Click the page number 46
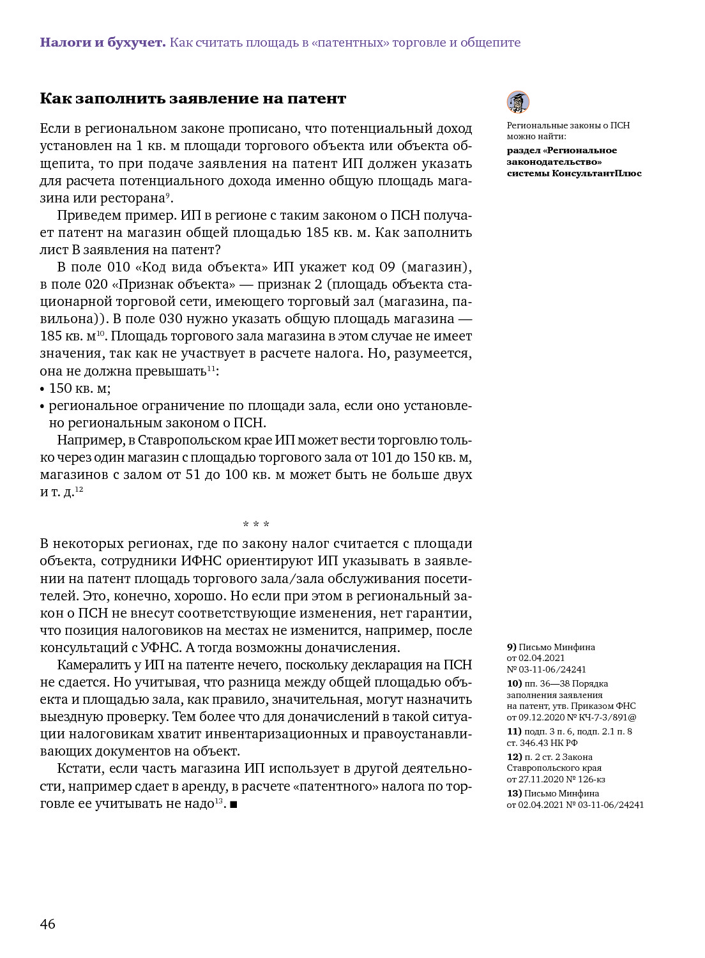click(x=48, y=924)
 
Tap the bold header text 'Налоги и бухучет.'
click(x=102, y=43)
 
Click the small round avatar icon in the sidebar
click(x=518, y=102)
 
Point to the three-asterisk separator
click(x=256, y=525)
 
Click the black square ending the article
click(x=234, y=805)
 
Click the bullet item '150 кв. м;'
click(x=79, y=388)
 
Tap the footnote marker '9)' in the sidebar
click(x=512, y=647)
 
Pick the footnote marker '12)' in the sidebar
click(x=515, y=757)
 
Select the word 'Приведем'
click(x=87, y=215)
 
